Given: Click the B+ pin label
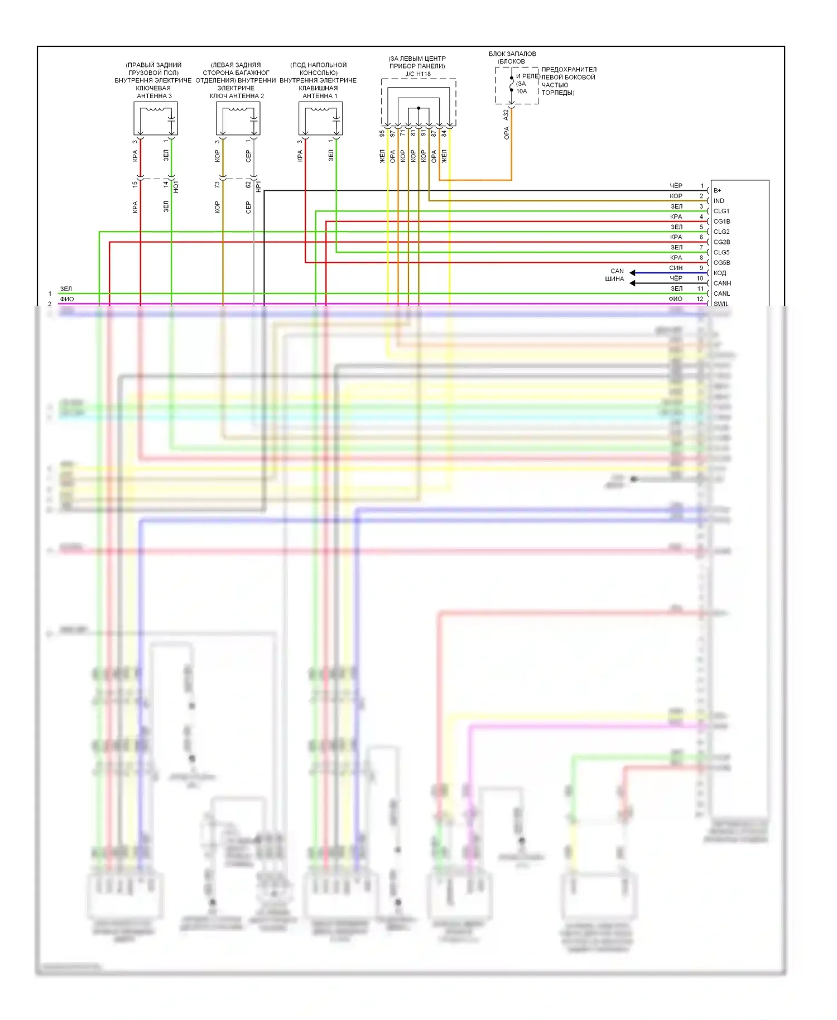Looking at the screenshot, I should click(x=717, y=191).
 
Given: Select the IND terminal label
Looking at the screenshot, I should click(x=719, y=201).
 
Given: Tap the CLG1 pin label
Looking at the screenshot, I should click(x=721, y=211).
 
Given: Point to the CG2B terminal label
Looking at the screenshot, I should click(x=721, y=242).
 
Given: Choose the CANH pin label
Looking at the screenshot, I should click(x=722, y=283).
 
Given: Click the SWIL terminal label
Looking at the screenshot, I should click(x=721, y=304).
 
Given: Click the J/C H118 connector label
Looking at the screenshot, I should click(x=418, y=74).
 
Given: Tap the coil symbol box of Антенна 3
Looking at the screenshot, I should click(x=156, y=118).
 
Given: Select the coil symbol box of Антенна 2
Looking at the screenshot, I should click(x=238, y=118).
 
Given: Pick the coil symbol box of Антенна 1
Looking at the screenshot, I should click(x=321, y=118).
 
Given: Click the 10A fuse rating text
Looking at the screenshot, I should click(x=522, y=92).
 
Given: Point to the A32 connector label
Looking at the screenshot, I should click(x=506, y=115).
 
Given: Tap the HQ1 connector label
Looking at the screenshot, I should click(x=176, y=186).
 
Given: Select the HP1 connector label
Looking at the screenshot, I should click(x=258, y=186).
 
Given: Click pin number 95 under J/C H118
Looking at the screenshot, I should click(x=382, y=134).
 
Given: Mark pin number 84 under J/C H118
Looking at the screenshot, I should click(x=444, y=134).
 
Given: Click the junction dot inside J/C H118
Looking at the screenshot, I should click(x=419, y=108).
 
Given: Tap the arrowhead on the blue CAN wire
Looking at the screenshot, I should click(x=633, y=273).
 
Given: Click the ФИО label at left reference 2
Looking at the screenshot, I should click(x=67, y=300).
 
